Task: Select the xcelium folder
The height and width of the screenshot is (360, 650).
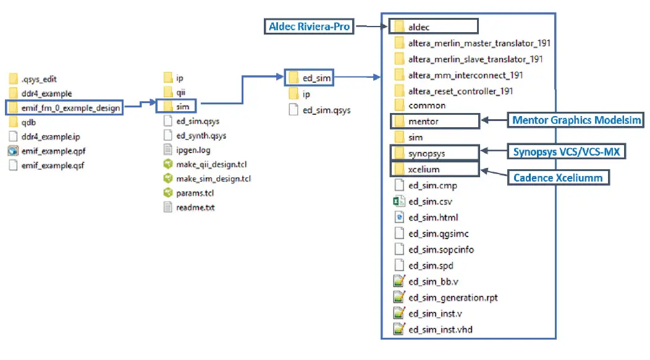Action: pyautogui.click(x=424, y=169)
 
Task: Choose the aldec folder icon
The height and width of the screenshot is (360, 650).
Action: pyautogui.click(x=399, y=27)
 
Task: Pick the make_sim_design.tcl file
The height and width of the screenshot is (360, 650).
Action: pyautogui.click(x=213, y=178)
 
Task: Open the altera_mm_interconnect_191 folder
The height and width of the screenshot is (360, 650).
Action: pyautogui.click(x=465, y=75)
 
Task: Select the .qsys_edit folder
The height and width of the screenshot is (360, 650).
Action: pyautogui.click(x=40, y=80)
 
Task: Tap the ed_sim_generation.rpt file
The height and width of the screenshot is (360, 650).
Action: pyautogui.click(x=453, y=298)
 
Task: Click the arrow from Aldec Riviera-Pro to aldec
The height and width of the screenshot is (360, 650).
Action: pyautogui.click(x=371, y=27)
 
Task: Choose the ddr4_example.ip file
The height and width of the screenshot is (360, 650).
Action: pyautogui.click(x=50, y=136)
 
